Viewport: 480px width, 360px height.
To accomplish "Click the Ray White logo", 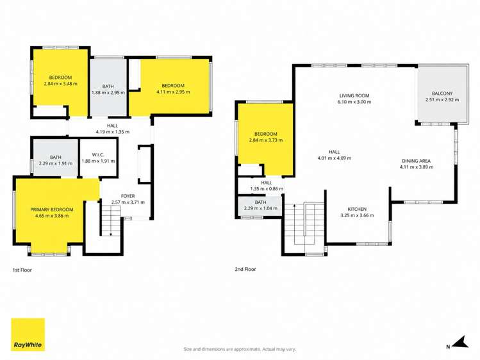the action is (28, 334).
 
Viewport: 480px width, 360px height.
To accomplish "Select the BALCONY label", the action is (442, 94).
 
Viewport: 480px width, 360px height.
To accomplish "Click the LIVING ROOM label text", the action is (354, 95).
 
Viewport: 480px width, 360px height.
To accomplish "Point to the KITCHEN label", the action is (357, 209).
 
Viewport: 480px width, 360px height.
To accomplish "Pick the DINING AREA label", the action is (417, 161).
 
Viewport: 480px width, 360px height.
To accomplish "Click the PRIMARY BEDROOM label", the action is (52, 209).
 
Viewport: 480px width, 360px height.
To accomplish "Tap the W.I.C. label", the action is (98, 155).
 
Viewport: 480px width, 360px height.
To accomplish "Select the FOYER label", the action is (128, 196).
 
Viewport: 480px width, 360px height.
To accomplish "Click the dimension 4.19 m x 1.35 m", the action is (112, 132).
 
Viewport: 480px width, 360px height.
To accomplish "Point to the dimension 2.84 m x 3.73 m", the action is (266, 140).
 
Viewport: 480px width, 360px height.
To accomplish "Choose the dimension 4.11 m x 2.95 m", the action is (173, 92).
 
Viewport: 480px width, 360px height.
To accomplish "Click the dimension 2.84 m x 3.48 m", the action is (61, 83).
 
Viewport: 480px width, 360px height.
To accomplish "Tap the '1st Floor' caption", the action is (22, 270).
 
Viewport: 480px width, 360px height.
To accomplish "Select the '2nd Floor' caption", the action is (245, 269).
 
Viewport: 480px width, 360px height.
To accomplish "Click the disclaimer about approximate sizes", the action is (240, 349).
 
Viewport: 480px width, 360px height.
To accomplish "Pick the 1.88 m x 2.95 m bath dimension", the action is (108, 92).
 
